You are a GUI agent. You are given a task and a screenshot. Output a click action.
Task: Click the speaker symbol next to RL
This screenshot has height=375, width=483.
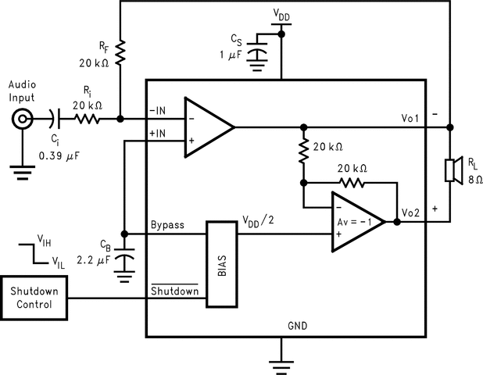451,170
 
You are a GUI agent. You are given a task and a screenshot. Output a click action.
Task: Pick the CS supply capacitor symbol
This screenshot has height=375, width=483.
256,55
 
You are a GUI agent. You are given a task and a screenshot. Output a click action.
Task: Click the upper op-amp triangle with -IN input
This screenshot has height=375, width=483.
206,127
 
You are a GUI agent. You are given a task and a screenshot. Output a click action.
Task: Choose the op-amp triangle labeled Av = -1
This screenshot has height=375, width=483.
356,222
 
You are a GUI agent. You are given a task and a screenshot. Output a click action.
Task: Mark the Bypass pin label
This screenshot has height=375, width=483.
168,225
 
